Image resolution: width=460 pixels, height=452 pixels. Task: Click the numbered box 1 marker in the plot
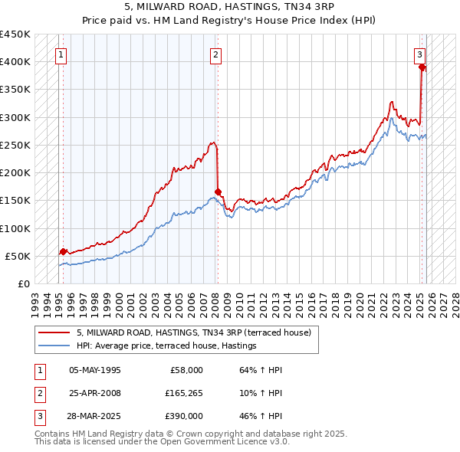coord(61,54)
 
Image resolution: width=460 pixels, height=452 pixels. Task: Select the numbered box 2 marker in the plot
coord(216,54)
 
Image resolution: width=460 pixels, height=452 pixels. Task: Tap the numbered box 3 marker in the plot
coord(420,54)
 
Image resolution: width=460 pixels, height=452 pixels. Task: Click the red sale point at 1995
coord(63,251)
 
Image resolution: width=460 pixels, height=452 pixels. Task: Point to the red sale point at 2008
coord(219,192)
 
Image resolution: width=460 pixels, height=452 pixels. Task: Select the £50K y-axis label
coord(18,256)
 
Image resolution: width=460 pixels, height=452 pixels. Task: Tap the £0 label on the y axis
coord(23,284)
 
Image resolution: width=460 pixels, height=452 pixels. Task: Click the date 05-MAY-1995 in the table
coord(94,370)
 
